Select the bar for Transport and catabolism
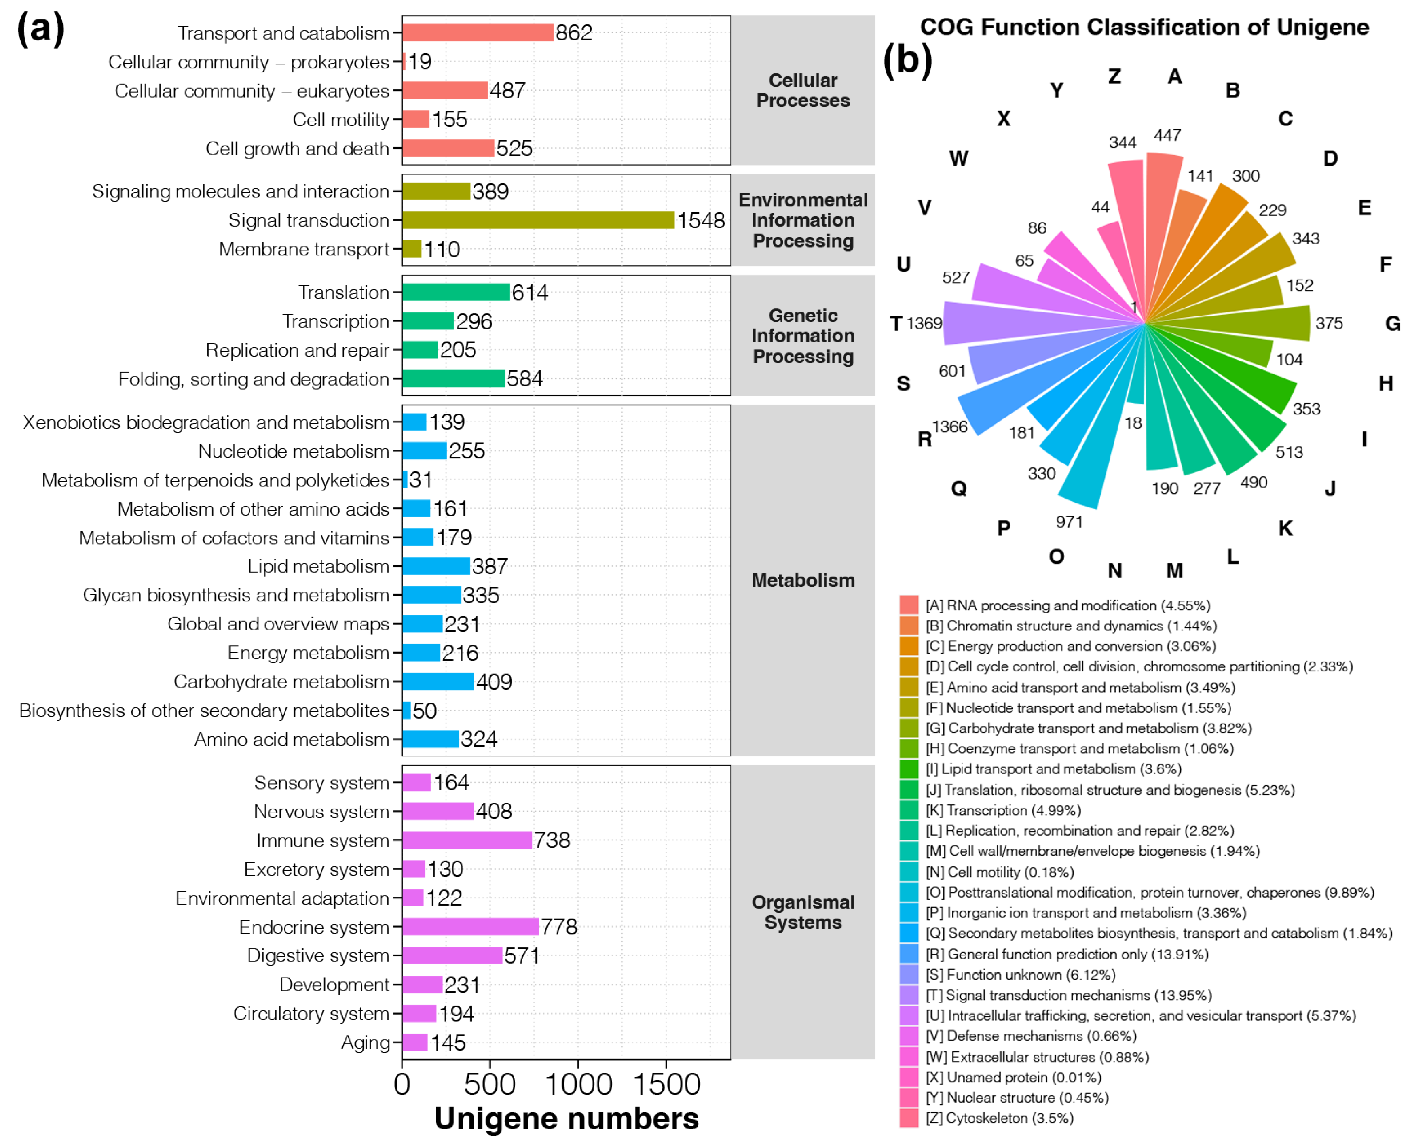478,32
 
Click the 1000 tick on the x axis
578,1085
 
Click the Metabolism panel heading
803,581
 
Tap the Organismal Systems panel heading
803,912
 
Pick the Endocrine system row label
314,927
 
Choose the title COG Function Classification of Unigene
1144,27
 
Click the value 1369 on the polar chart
924,324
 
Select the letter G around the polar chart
1392,324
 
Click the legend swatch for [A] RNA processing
909,605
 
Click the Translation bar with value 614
456,292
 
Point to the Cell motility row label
340,120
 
